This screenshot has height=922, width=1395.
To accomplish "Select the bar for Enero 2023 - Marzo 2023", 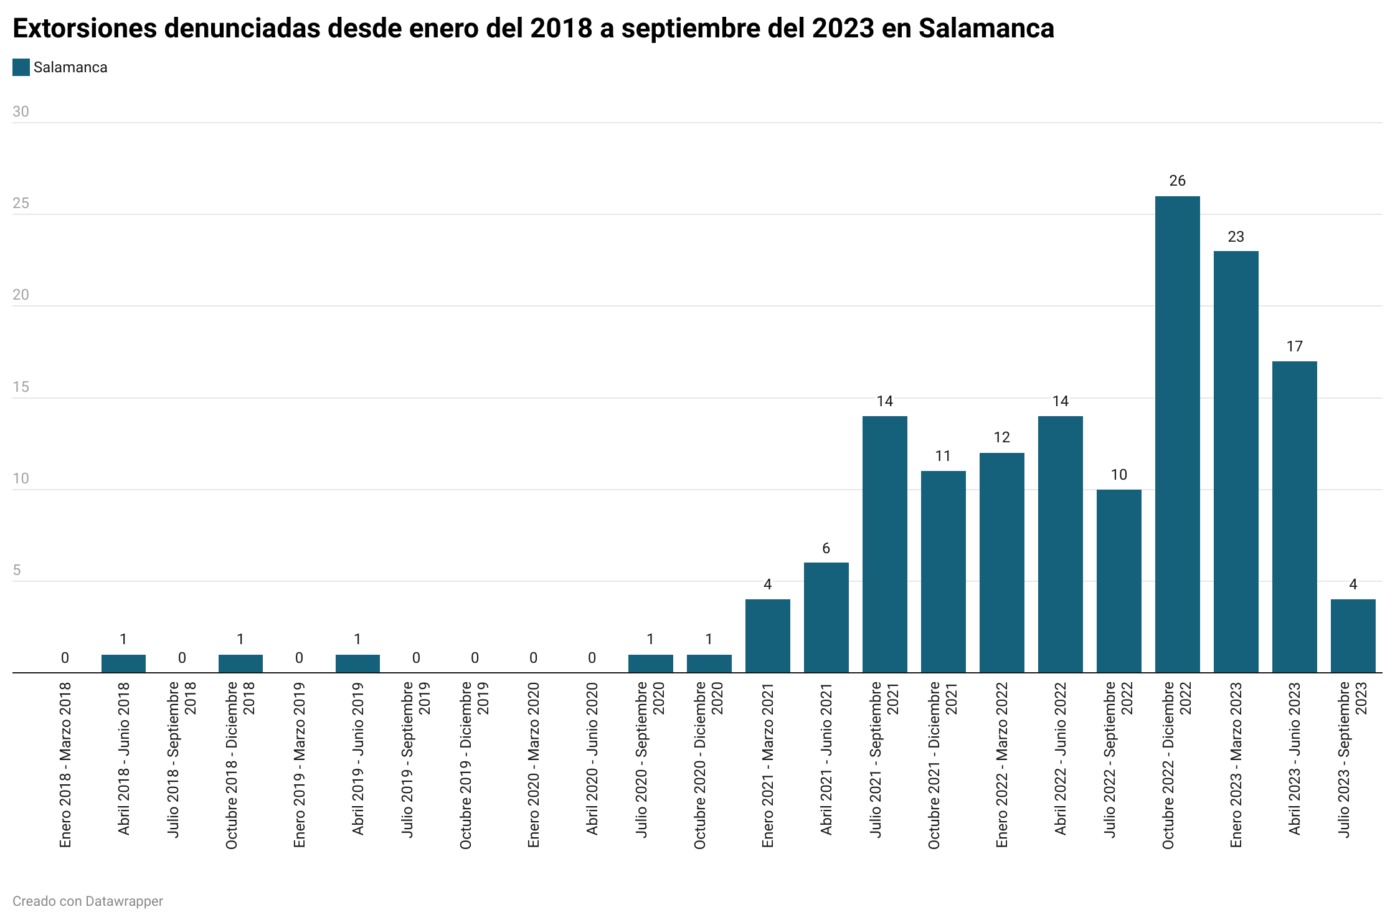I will pyautogui.click(x=1236, y=462).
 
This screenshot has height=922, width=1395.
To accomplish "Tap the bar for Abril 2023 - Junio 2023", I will pyautogui.click(x=1294, y=516).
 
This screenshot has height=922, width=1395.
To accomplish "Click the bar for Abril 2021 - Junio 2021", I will pyautogui.click(x=826, y=617).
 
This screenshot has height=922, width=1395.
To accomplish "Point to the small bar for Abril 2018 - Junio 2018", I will pyautogui.click(x=123, y=663).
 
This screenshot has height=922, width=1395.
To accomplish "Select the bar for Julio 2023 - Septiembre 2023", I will pyautogui.click(x=1353, y=635).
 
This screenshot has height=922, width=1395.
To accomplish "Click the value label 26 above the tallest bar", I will pyautogui.click(x=1177, y=181).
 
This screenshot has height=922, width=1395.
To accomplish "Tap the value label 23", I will pyautogui.click(x=1236, y=237).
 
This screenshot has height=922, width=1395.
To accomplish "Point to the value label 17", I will pyautogui.click(x=1294, y=346).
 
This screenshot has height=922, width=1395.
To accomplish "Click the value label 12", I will pyautogui.click(x=1001, y=437).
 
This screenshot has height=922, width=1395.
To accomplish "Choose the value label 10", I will pyautogui.click(x=1118, y=475).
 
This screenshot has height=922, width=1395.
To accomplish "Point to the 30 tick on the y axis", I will pyautogui.click(x=21, y=112).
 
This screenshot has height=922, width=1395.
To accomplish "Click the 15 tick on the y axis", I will pyautogui.click(x=21, y=387).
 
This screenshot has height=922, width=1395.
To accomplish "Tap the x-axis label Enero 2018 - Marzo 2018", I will pyautogui.click(x=65, y=764).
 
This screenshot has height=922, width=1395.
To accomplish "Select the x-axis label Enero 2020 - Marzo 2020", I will pyautogui.click(x=534, y=764).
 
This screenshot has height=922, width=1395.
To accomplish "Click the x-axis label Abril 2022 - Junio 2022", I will pyautogui.click(x=1061, y=758).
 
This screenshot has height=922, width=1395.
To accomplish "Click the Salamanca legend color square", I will pyautogui.click(x=21, y=67).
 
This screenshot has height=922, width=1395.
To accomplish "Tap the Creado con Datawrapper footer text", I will pyautogui.click(x=88, y=901).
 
